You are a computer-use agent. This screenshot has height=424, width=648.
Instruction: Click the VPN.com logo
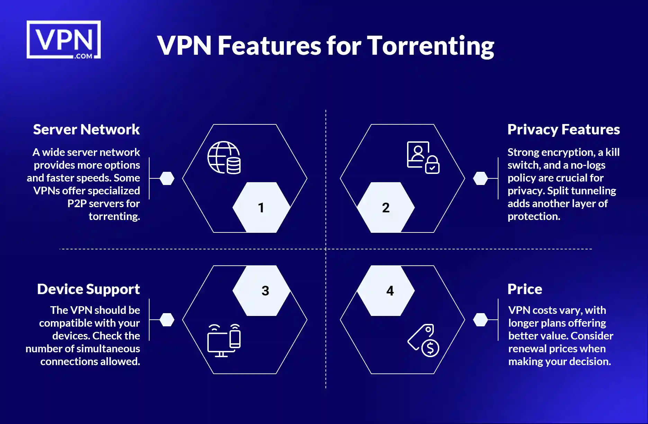(x=64, y=39)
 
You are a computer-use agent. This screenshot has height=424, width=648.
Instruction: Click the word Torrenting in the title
(x=430, y=46)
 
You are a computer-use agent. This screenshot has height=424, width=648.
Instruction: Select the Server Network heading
(x=86, y=130)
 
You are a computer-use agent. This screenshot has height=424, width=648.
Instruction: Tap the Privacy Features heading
(x=564, y=130)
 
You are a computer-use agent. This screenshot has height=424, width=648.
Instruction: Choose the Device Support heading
(x=88, y=289)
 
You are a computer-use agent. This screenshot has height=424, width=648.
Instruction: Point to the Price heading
(x=525, y=289)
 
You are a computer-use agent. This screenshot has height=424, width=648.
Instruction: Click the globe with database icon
(x=224, y=158)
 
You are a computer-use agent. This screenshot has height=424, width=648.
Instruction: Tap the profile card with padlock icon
(x=423, y=158)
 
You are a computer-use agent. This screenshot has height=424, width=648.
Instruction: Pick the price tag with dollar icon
(x=424, y=341)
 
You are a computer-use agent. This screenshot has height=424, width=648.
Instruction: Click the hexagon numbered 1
(x=261, y=207)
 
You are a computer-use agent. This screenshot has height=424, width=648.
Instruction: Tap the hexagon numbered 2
(x=386, y=207)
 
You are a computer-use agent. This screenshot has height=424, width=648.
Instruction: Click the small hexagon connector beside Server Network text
(x=167, y=178)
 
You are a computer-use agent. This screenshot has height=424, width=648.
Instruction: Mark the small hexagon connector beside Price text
(x=480, y=320)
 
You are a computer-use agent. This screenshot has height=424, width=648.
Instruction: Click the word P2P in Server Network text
(x=77, y=203)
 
